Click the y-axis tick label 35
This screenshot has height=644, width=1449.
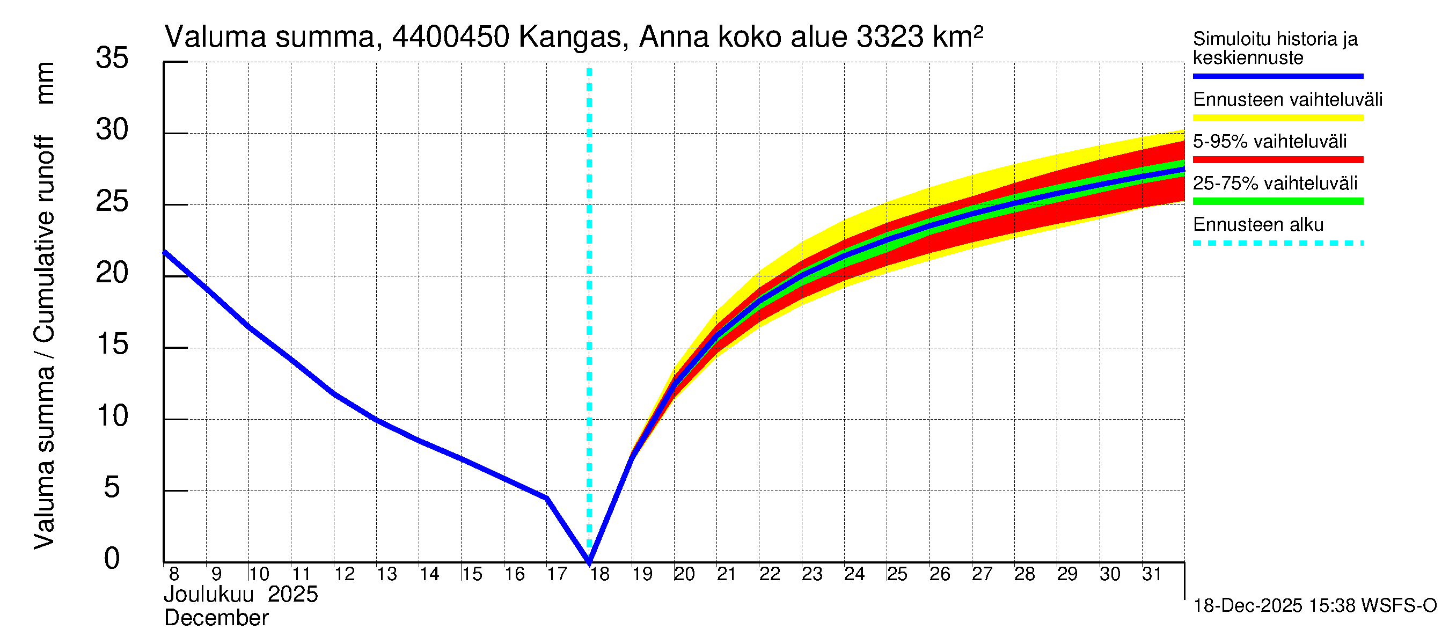pyautogui.click(x=112, y=58)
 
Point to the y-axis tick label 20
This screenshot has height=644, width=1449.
pyautogui.click(x=112, y=273)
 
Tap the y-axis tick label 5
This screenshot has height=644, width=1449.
pyautogui.click(x=112, y=487)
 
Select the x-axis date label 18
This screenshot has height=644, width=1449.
pyautogui.click(x=599, y=574)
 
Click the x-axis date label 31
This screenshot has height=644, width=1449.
pyautogui.click(x=1152, y=574)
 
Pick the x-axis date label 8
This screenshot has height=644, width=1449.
pyautogui.click(x=174, y=574)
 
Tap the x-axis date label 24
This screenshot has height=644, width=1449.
pyautogui.click(x=854, y=574)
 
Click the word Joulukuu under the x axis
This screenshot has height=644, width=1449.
pyautogui.click(x=209, y=595)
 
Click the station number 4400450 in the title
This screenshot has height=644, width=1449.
pyautogui.click(x=451, y=37)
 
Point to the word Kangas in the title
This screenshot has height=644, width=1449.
pyautogui.click(x=570, y=37)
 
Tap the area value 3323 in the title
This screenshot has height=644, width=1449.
pyautogui.click(x=889, y=37)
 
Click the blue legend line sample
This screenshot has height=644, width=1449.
pyautogui.click(x=1277, y=76)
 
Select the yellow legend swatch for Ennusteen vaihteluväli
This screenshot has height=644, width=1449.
pyautogui.click(x=1277, y=118)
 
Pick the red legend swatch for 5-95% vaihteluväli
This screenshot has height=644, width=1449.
pyautogui.click(x=1277, y=160)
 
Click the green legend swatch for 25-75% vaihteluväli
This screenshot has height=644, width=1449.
pyautogui.click(x=1277, y=201)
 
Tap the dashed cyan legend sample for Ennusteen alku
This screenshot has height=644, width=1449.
pyautogui.click(x=1277, y=244)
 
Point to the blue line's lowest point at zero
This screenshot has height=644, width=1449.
pyautogui.click(x=589, y=561)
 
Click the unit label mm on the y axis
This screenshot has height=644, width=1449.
pyautogui.click(x=45, y=83)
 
